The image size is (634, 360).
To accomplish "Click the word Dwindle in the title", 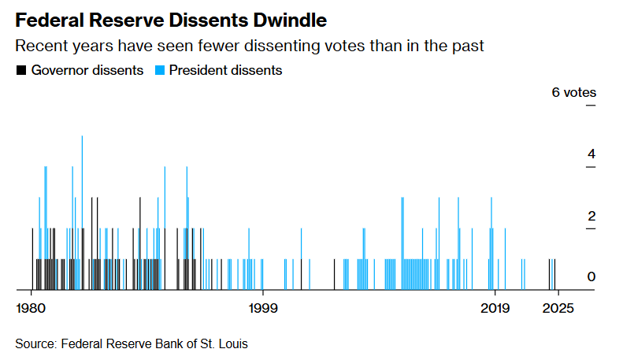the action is coord(290,20).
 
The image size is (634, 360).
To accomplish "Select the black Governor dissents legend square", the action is coord(21,70).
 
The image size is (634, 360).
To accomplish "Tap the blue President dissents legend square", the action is coord(160,70).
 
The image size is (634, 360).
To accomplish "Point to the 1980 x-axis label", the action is coord(31,308).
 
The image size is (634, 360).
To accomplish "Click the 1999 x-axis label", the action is coord(263,308).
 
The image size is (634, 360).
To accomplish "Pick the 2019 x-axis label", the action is coord(495,308).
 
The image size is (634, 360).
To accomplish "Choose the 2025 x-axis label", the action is coord(558,308).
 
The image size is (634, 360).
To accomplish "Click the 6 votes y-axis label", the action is coord(574,92).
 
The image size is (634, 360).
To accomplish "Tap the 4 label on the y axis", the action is coord(591,154).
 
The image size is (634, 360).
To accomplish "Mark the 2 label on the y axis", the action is coord(591,216).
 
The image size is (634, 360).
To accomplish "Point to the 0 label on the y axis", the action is coord(591,276).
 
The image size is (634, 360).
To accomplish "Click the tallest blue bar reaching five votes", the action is coord(82,213).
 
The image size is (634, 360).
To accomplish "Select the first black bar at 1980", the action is coord(32,259).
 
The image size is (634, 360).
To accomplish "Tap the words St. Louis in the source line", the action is coord(224,343).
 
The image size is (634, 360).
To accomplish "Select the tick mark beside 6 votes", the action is coord(591,106).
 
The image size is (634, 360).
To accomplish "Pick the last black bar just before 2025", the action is coord(554,275).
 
